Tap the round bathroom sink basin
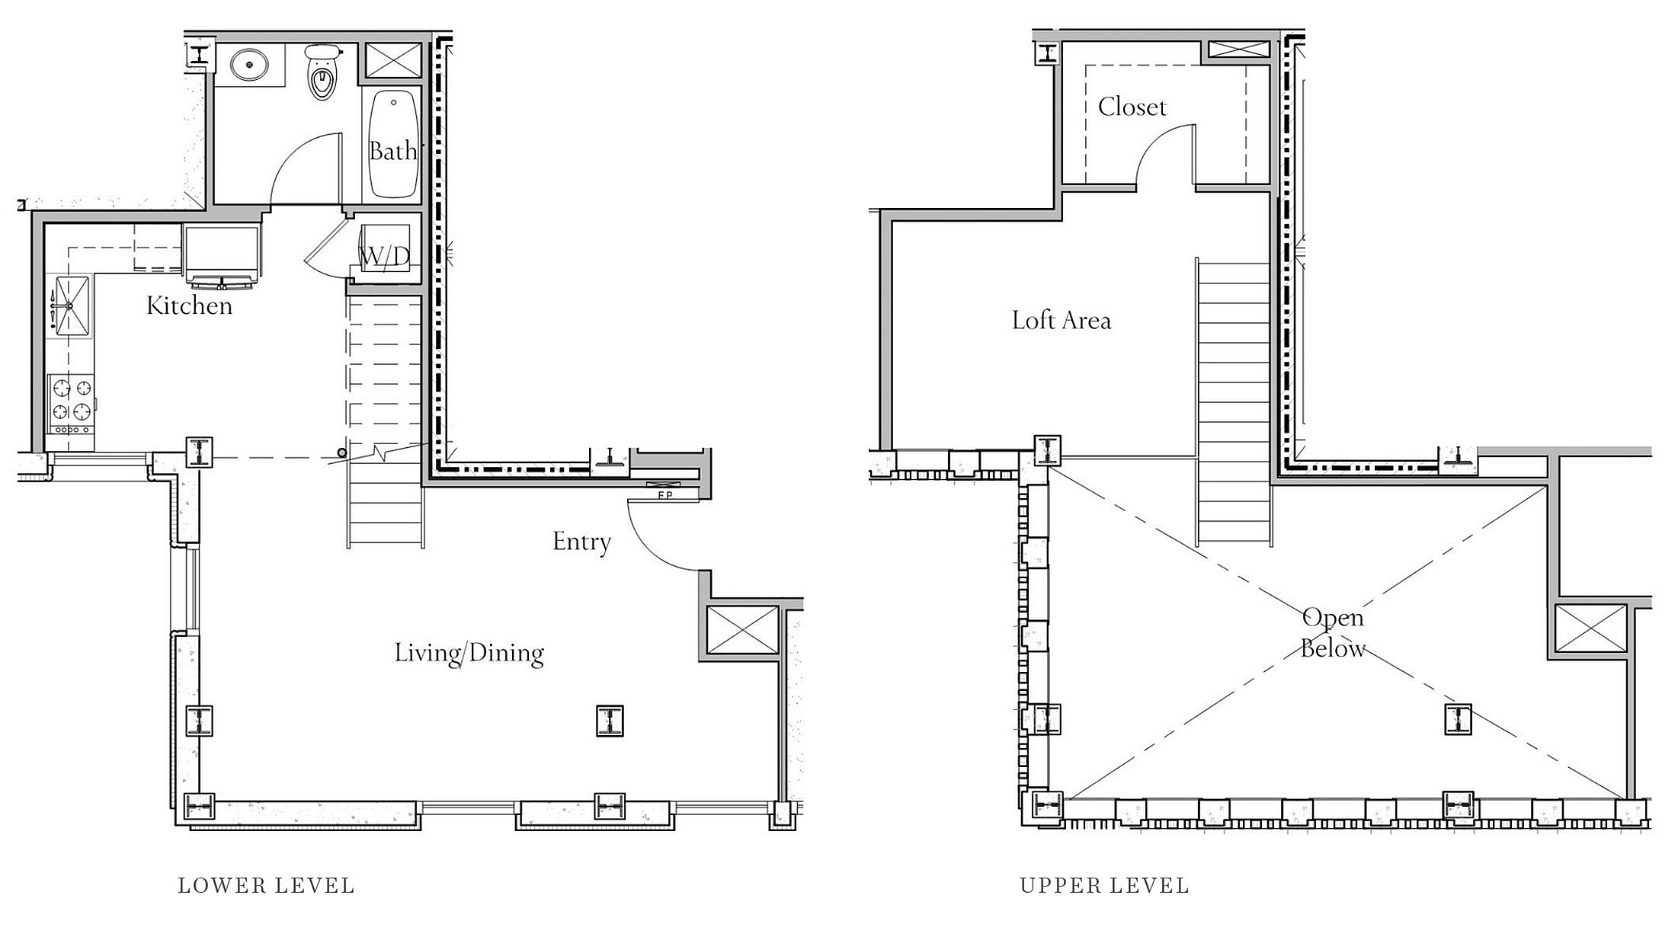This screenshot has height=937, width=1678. (249, 64)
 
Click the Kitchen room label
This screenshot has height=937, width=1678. (189, 305)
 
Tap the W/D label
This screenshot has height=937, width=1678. (385, 257)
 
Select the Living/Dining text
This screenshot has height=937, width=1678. (469, 653)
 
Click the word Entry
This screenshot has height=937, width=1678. (581, 542)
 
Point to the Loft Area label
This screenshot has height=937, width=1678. (1062, 320)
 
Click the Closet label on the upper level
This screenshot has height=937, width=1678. (1132, 107)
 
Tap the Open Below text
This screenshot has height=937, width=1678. (1333, 632)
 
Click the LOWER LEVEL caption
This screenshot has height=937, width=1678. (266, 885)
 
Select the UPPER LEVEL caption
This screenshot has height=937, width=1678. (1104, 885)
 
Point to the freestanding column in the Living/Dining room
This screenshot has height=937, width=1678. (610, 721)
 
